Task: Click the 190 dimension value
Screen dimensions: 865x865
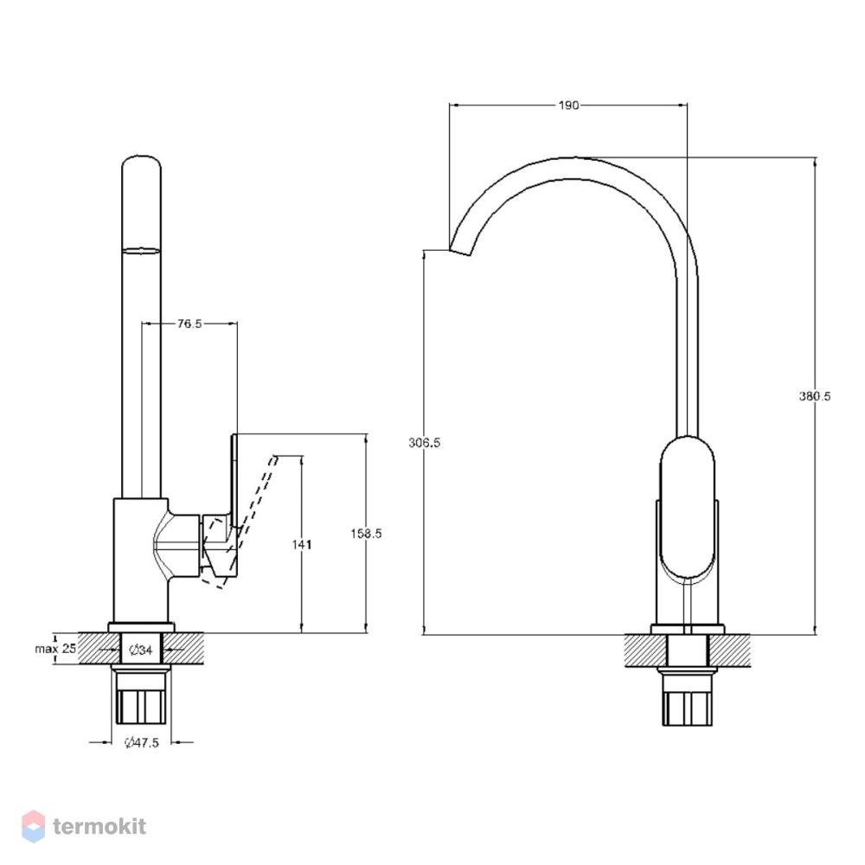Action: (568, 105)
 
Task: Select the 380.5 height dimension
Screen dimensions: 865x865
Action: (814, 396)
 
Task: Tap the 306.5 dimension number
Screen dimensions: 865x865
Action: (424, 442)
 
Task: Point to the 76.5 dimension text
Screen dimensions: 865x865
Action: (189, 324)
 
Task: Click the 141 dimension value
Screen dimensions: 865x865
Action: (302, 544)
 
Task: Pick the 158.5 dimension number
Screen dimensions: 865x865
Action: (366, 534)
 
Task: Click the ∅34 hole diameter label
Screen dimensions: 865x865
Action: (141, 650)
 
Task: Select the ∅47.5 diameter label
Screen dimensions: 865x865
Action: (142, 742)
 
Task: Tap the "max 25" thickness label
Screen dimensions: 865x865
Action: (55, 649)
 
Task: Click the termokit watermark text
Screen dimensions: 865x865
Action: (99, 826)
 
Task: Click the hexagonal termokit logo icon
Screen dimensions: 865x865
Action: (33, 826)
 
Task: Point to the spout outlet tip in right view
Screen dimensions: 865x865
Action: (460, 251)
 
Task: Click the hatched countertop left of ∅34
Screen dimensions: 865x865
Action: (99, 648)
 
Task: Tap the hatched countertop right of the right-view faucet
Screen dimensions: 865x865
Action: (730, 651)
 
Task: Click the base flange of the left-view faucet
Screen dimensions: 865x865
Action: (141, 627)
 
